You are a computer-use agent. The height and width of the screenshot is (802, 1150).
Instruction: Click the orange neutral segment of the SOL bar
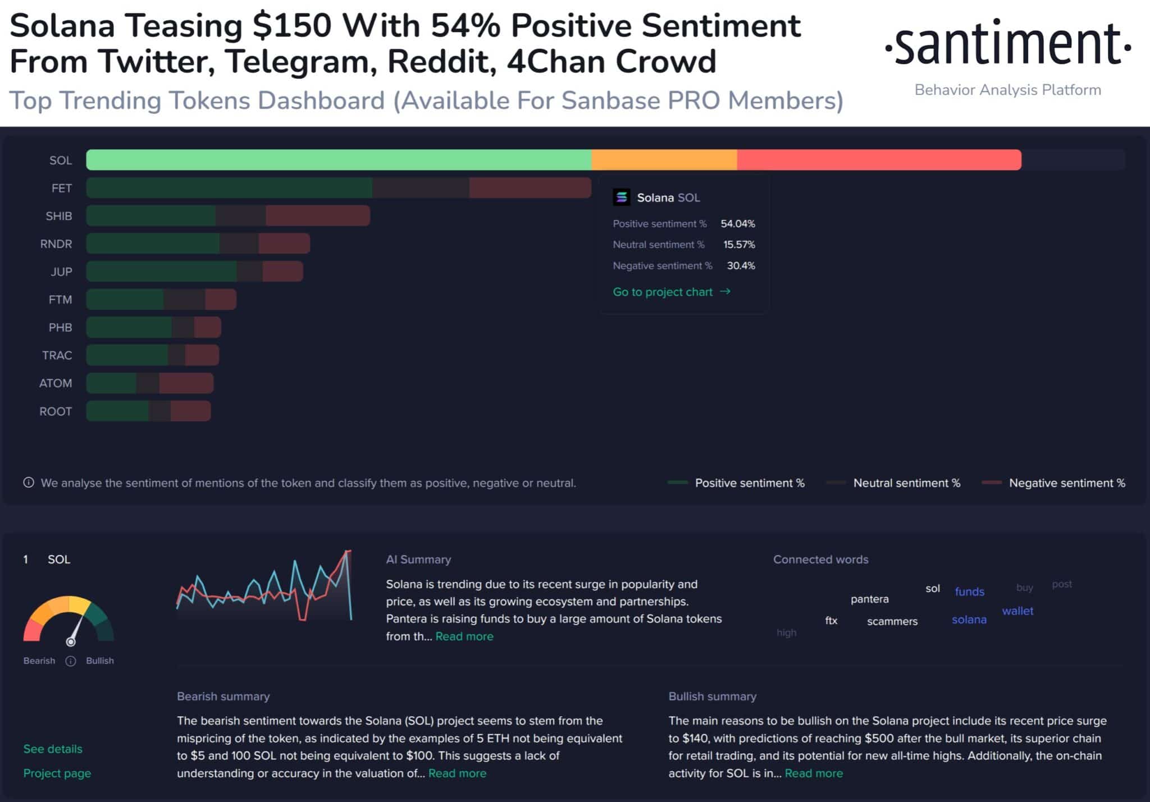coord(664,160)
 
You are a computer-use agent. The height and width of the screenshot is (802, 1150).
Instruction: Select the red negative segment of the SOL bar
coord(879,160)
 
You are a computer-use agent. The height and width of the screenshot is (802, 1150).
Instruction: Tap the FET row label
coord(62,188)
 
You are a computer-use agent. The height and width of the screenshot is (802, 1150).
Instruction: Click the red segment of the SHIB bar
coord(318,216)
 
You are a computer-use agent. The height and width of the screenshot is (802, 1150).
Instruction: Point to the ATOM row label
coord(56,383)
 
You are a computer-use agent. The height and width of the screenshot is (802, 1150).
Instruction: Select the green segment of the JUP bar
coord(162,272)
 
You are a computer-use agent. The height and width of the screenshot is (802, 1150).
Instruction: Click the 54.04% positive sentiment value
coord(737,223)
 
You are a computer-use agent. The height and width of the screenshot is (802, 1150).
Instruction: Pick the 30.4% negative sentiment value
coord(741,265)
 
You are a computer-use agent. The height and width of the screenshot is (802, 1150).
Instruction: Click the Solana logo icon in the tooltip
coord(622,198)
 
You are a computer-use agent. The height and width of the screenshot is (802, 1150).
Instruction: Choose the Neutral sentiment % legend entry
coord(906,483)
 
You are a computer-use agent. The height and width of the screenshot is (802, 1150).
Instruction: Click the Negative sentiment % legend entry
coord(1066,483)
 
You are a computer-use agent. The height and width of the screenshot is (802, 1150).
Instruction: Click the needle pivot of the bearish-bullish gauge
coord(71,641)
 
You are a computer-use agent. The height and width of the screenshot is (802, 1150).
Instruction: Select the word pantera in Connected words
coord(869,599)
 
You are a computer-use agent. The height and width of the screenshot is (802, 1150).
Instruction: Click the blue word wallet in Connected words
coord(1017,611)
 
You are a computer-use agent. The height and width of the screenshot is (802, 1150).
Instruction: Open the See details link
coord(53,749)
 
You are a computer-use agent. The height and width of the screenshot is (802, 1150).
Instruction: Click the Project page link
coord(57,773)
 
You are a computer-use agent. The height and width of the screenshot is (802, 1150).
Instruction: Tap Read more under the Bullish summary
coord(814,773)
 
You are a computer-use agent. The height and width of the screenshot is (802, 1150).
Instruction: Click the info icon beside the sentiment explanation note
coord(29,483)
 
